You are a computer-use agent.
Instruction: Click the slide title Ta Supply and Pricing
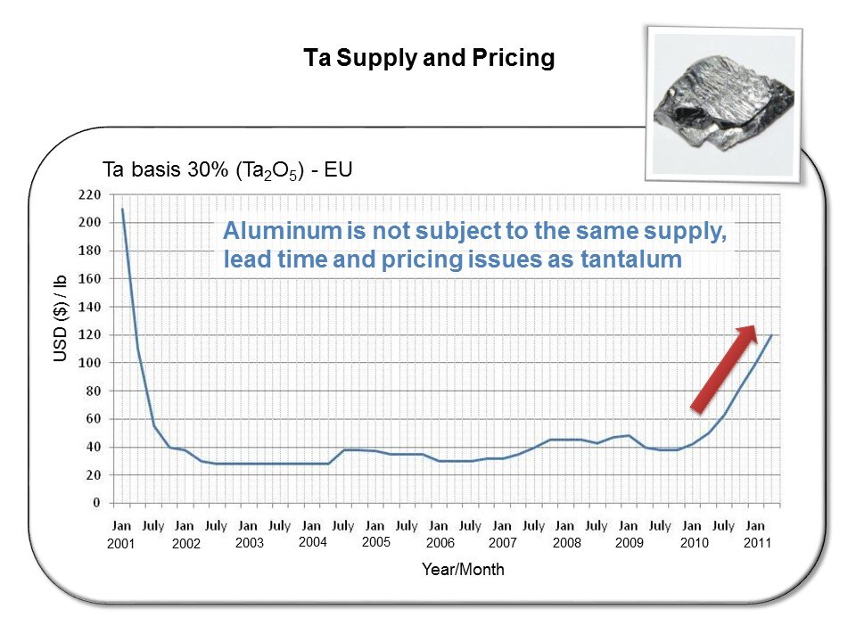pyautogui.click(x=429, y=59)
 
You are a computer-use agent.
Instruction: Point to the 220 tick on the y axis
pyautogui.click(x=88, y=194)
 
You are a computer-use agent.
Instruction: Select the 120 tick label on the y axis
pyautogui.click(x=88, y=334)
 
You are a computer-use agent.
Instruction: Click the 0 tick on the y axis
pyautogui.click(x=95, y=503)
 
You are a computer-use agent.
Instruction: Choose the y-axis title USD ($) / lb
pyautogui.click(x=61, y=318)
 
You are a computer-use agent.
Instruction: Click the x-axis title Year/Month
pyautogui.click(x=463, y=570)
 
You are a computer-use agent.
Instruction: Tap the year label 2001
pyautogui.click(x=119, y=544)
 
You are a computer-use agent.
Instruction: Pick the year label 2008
pyautogui.click(x=566, y=543)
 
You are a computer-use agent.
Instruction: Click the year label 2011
pyautogui.click(x=756, y=543)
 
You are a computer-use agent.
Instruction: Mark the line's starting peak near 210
pyautogui.click(x=122, y=210)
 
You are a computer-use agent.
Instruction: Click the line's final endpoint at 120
pyautogui.click(x=771, y=335)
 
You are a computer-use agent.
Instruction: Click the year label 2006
pyautogui.click(x=440, y=543)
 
